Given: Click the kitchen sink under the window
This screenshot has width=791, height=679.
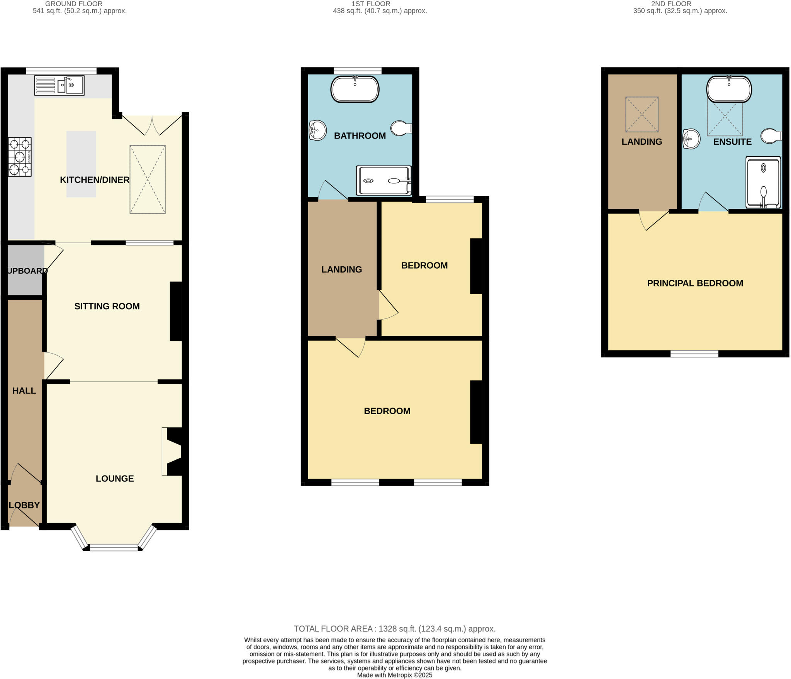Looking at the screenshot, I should pos(59,85).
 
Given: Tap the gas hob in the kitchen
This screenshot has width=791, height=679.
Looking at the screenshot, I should pos(20,157).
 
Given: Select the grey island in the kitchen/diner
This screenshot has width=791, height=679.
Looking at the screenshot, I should pos(81,164).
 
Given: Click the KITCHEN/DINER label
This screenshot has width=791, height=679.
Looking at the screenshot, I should pos(95,180).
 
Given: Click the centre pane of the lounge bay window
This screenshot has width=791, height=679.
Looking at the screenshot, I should pos(114,547).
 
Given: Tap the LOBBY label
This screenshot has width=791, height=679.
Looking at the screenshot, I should pos(24,505).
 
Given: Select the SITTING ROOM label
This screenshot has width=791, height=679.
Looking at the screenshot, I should pos(107,306).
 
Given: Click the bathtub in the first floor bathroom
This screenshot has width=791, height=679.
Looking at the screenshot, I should pos(355,89).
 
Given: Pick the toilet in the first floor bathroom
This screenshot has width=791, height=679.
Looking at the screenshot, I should pos(401,128).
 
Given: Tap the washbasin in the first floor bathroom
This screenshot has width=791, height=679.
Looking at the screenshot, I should pos(317,130).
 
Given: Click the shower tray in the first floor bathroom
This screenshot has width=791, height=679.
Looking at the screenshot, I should pos(384,181).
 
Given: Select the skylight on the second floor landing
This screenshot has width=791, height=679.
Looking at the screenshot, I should pos(642,114).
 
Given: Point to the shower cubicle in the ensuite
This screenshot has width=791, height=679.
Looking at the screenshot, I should pos(763,182).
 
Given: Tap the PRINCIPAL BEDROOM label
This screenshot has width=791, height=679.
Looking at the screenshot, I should pos(695,283).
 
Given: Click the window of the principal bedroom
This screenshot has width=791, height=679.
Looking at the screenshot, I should pos(694,354).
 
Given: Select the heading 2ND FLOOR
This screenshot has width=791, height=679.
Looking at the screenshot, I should pos(671,4).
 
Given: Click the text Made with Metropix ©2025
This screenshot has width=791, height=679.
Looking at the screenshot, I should pos(394,675).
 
